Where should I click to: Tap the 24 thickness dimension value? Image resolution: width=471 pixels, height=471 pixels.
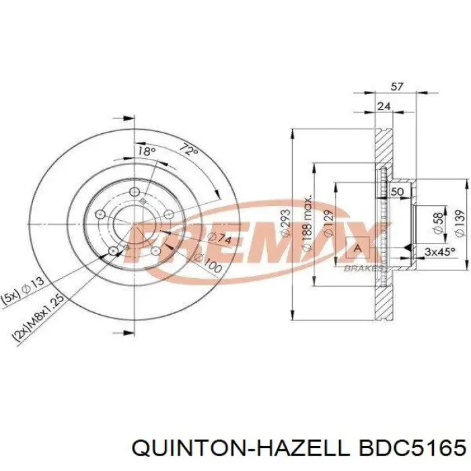pos(384,106)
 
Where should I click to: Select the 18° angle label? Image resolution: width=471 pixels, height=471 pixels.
pos(146,151)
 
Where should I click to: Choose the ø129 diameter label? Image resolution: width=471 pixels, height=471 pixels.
pos(328,222)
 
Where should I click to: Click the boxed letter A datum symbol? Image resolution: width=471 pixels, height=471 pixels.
pos(357,249)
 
